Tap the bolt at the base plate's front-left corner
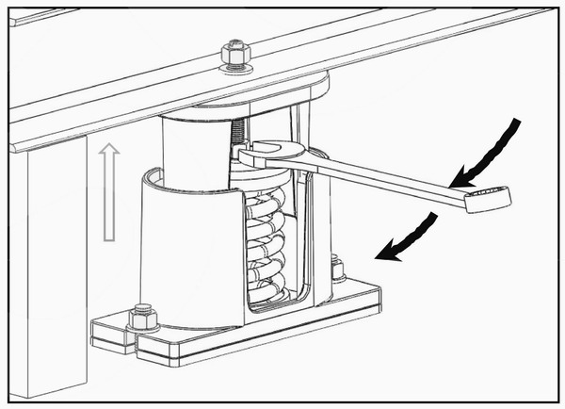(x=142, y=316)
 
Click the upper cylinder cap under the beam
(x=188, y=141)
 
